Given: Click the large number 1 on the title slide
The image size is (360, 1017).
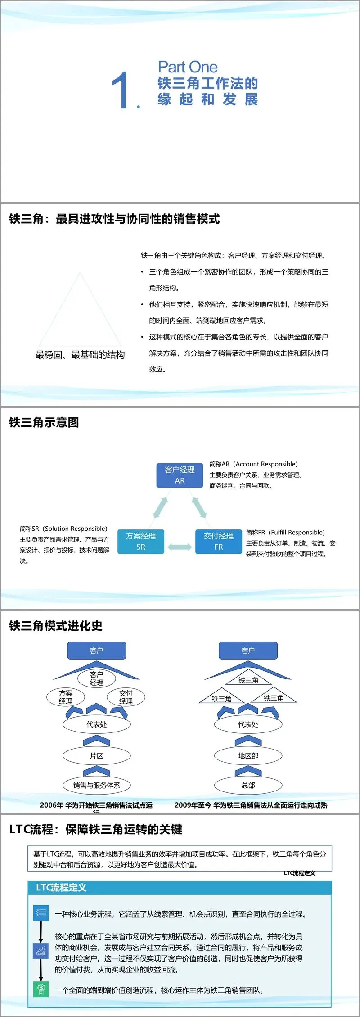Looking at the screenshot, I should [x=121, y=90].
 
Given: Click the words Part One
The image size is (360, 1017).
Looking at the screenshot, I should [x=188, y=68].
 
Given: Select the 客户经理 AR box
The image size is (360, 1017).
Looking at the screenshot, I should [x=180, y=475].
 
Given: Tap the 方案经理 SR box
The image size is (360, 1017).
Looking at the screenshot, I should [x=140, y=541].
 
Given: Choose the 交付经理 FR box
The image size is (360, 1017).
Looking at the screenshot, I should [x=218, y=541].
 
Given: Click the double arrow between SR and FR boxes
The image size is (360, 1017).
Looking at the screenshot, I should [x=180, y=547].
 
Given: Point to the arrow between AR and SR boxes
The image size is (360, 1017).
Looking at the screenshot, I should [x=160, y=507].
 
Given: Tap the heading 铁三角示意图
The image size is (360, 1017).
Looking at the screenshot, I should [x=44, y=422].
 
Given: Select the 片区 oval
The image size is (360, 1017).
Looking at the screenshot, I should [x=96, y=756].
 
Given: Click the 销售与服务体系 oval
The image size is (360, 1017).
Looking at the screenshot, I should [x=96, y=786].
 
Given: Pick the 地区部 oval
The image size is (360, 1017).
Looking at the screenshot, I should [x=248, y=756].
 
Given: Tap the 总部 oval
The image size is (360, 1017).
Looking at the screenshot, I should [x=248, y=786].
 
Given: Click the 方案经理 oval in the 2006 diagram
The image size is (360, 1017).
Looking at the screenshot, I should [x=66, y=697].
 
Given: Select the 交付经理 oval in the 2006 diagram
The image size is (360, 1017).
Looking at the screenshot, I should [x=126, y=697].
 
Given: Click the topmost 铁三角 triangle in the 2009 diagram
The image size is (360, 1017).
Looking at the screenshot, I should [x=248, y=679].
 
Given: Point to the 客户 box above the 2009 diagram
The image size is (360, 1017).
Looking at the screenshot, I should [x=248, y=651].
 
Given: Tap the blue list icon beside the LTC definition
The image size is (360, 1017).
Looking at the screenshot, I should [x=41, y=913].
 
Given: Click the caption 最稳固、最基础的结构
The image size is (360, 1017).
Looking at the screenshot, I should [x=80, y=355].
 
